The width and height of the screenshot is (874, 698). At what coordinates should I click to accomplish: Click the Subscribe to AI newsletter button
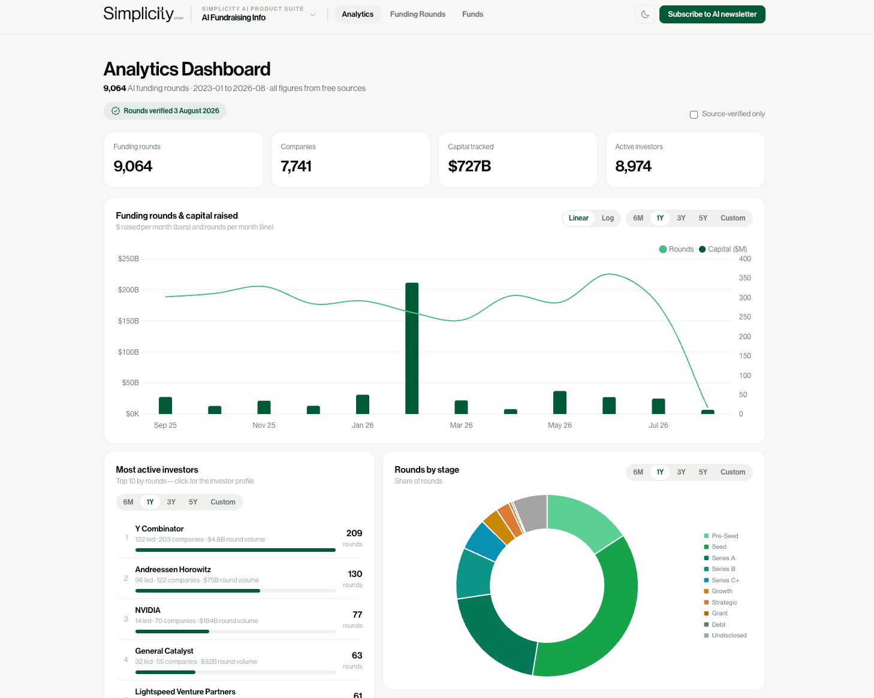pyautogui.click(x=712, y=14)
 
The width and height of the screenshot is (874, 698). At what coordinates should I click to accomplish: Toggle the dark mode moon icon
pyautogui.click(x=644, y=14)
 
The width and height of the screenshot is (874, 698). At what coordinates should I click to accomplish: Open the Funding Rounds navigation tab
pyautogui.click(x=417, y=14)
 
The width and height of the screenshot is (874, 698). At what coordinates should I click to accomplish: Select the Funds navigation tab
pyautogui.click(x=472, y=14)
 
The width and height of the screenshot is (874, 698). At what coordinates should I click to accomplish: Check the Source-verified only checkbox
pyautogui.click(x=694, y=114)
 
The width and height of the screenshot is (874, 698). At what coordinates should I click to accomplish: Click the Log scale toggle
pyautogui.click(x=608, y=218)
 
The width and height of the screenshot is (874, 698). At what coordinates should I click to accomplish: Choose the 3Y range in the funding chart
pyautogui.click(x=681, y=218)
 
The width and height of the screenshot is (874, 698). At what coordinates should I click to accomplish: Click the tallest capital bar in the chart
pyautogui.click(x=412, y=348)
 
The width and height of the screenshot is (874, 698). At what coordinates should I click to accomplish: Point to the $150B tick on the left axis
pyautogui.click(x=128, y=321)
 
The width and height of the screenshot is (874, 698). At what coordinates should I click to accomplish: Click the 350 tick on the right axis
pyautogui.click(x=745, y=278)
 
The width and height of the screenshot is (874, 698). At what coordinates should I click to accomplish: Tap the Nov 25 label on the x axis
pyautogui.click(x=264, y=425)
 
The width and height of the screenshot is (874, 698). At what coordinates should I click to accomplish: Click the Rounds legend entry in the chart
pyautogui.click(x=676, y=249)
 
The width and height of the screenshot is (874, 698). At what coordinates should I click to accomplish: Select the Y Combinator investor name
pyautogui.click(x=159, y=528)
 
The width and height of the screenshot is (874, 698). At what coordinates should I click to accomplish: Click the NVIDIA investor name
pyautogui.click(x=148, y=610)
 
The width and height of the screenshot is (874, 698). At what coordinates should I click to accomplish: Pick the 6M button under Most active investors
pyautogui.click(x=128, y=502)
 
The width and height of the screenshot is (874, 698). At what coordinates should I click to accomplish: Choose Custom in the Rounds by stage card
pyautogui.click(x=733, y=472)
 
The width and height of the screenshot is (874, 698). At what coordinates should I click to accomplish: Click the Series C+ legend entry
pyautogui.click(x=722, y=580)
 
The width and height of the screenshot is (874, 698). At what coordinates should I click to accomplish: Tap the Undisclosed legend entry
pyautogui.click(x=725, y=635)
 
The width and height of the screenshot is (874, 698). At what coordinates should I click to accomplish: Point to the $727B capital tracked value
pyautogui.click(x=469, y=166)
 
